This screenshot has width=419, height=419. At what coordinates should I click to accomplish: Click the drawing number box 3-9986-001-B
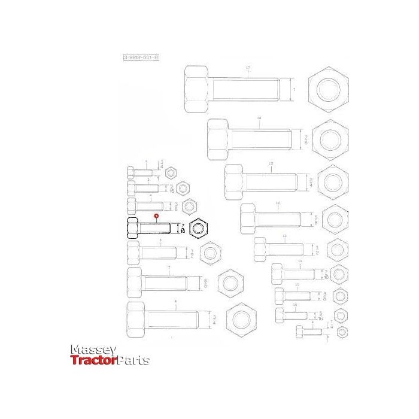click(x=141, y=57)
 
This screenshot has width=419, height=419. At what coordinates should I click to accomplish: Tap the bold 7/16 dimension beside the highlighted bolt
click(x=183, y=227)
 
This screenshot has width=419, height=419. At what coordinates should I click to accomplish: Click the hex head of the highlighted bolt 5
click(x=133, y=228)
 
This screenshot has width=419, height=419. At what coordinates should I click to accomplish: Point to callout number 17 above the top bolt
click(x=248, y=68)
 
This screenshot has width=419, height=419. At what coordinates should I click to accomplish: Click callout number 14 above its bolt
click(x=277, y=204)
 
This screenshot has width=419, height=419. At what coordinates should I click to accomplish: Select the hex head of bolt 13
click(x=259, y=249)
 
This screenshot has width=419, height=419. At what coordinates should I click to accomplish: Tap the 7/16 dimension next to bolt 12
click(x=326, y=274)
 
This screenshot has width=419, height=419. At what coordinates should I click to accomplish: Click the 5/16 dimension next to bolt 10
click(x=320, y=315)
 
